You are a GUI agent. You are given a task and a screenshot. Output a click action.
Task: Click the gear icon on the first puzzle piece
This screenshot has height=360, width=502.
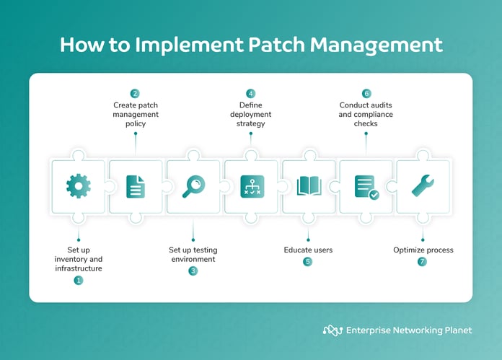click(78, 186)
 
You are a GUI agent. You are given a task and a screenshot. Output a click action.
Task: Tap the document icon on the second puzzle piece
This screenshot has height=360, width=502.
click(136, 186)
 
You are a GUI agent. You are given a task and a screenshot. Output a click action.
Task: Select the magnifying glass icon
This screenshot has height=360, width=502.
click(193, 186)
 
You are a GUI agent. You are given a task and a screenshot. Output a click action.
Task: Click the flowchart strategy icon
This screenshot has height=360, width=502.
click(251, 186)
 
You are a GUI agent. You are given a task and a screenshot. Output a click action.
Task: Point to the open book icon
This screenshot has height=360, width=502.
click(309, 186)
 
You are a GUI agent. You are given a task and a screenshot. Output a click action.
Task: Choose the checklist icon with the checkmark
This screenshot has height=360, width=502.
click(366, 186)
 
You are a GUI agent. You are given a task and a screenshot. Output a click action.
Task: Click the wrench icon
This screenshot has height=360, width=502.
click(423, 186)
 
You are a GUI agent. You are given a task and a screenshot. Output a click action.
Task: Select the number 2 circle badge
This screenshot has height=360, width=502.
click(135, 94)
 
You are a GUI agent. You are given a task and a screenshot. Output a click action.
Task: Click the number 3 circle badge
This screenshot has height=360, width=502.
click(193, 271)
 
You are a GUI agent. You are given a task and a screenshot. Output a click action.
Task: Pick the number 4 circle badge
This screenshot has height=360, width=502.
click(251, 94)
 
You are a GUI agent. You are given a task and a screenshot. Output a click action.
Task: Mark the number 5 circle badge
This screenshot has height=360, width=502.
click(308, 262)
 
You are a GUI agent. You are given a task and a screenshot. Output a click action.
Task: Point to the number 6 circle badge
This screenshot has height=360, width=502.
click(366, 94)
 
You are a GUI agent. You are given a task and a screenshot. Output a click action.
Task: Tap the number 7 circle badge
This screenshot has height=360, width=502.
click(423, 262)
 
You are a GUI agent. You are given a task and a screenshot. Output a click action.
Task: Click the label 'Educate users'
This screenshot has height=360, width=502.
click(308, 250)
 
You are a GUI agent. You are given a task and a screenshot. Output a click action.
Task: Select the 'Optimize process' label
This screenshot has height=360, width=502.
click(423, 250)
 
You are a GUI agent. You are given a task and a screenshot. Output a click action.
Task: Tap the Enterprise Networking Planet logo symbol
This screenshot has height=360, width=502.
click(332, 330)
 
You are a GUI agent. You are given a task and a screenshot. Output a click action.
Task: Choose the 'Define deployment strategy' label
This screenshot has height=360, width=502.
click(251, 114)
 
